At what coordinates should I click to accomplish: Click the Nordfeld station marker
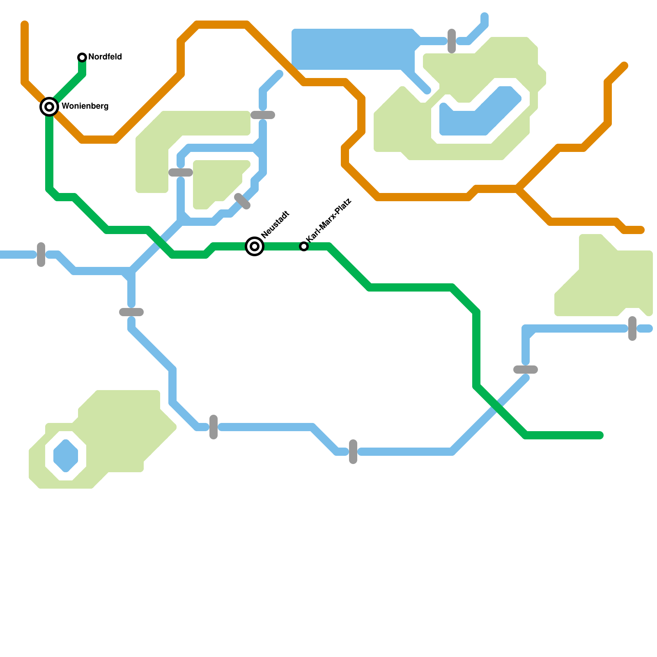coord(82,57)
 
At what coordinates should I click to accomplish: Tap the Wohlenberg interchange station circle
coord(49,107)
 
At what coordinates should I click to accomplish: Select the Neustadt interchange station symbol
coord(255,246)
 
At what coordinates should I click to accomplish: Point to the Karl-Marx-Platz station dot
coord(304,246)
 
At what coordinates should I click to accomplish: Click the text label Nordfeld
coord(105,57)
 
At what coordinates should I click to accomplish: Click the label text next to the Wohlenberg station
coord(85,106)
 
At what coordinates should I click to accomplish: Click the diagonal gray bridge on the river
coord(242,201)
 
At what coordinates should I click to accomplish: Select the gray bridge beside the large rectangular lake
coord(452,41)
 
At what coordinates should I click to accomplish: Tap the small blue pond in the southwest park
coord(66,456)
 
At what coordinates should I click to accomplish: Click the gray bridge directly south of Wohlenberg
coord(41,255)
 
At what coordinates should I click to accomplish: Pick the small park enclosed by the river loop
coord(218,181)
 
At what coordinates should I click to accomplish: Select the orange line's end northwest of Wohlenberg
coord(25,25)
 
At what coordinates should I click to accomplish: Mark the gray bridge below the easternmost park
coord(632,328)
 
